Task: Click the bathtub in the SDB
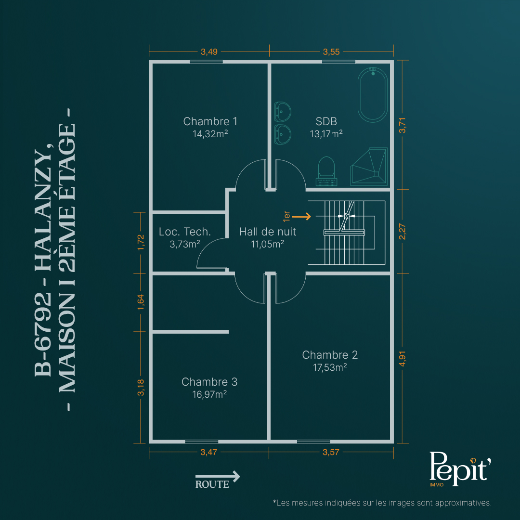tap(372, 95)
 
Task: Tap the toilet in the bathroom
tap(326, 171)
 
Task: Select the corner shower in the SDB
tap(369, 166)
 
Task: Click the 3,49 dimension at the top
tap(209, 52)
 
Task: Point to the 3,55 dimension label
tap(331, 52)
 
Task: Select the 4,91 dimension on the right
tap(402, 359)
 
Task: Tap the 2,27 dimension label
tap(402, 231)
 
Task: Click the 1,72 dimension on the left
tap(141, 242)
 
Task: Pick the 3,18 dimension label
tap(141, 387)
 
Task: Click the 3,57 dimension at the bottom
tap(331, 452)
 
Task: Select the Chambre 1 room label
tap(210, 121)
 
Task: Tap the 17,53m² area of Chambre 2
tap(330, 367)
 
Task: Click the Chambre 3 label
tap(209, 382)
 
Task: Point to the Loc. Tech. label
tap(185, 232)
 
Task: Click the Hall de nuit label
tap(267, 232)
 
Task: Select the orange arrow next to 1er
tap(301, 217)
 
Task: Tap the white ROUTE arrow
tap(218, 477)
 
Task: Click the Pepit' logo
tap(460, 468)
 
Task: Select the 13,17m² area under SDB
tap(326, 134)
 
